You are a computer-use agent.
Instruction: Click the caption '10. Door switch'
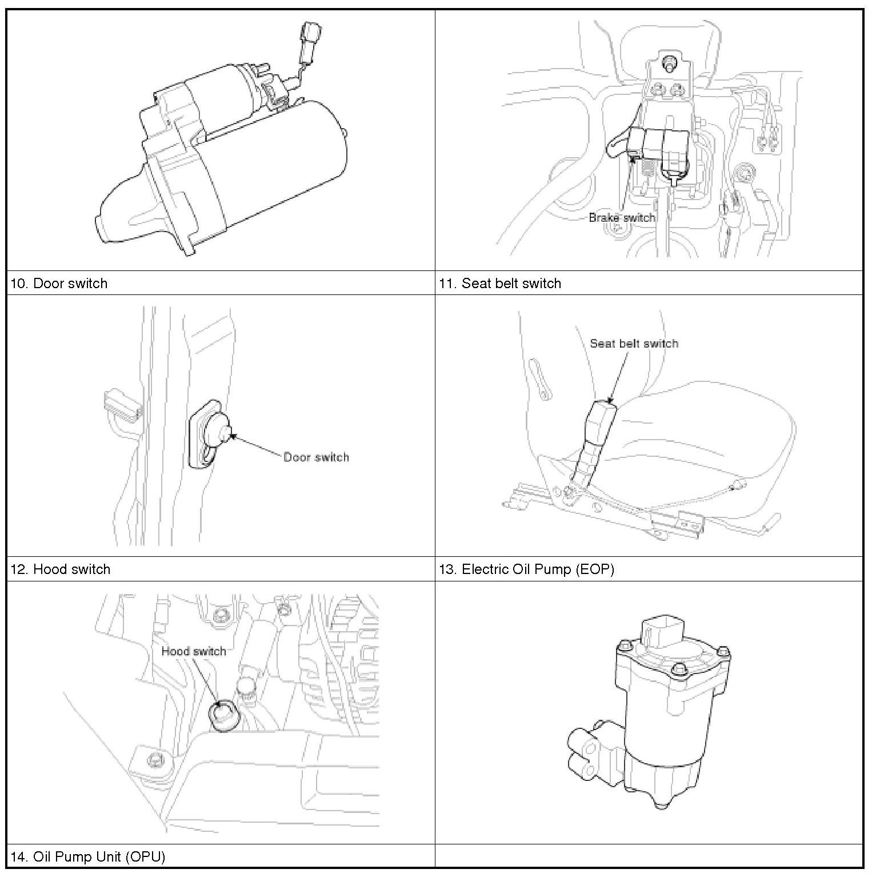(59, 284)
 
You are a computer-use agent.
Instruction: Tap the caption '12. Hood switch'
(60, 569)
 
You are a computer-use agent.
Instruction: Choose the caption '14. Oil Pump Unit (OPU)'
(87, 856)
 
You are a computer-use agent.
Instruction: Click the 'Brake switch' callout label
(622, 218)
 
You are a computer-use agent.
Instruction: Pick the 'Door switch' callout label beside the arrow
(316, 457)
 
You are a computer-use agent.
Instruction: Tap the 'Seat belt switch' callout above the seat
(634, 344)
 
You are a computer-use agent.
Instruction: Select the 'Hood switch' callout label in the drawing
(193, 651)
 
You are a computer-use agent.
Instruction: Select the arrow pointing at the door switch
(257, 446)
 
